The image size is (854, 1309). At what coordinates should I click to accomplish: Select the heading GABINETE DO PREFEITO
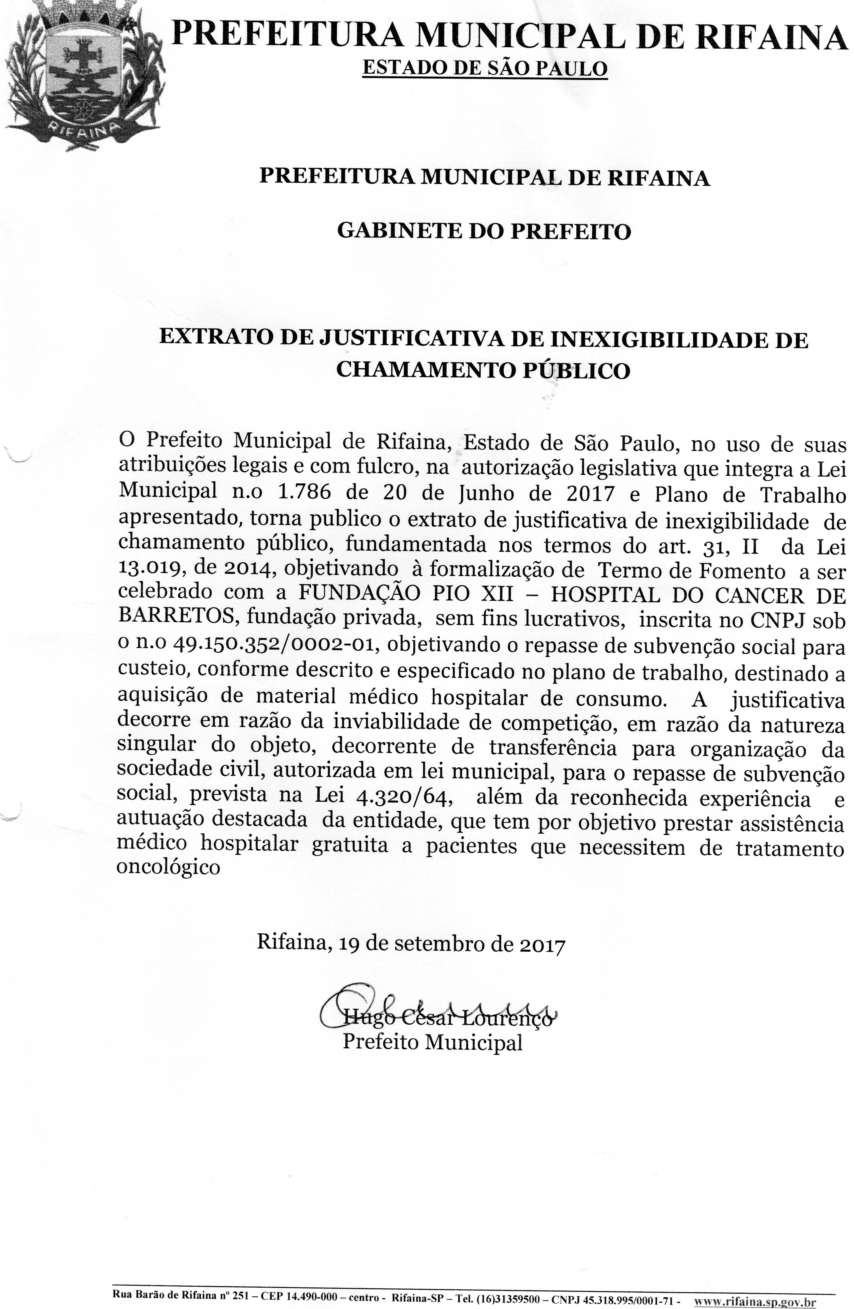[484, 231]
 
